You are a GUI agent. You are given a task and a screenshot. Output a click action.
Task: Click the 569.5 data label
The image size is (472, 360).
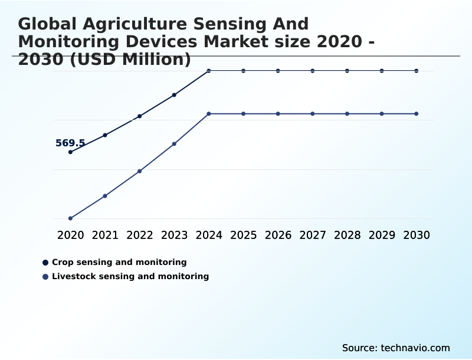click(70, 143)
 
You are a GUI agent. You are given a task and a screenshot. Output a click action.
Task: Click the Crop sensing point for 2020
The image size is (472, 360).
click(70, 152)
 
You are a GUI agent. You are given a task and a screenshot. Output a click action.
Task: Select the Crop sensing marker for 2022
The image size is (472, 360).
click(140, 116)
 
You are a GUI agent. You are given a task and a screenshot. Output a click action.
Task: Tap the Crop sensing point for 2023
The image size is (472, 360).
click(174, 95)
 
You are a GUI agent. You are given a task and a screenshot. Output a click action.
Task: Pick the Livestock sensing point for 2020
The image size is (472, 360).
click(70, 218)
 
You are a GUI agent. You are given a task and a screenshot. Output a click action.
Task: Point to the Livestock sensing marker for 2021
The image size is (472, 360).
click(105, 196)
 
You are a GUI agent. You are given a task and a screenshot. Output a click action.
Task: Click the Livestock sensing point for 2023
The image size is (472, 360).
click(174, 144)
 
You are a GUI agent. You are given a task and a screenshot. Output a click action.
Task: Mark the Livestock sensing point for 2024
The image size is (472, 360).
click(209, 113)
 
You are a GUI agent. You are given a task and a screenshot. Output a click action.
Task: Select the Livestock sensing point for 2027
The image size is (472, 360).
click(313, 113)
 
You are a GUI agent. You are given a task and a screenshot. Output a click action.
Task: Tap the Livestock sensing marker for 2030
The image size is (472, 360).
click(417, 113)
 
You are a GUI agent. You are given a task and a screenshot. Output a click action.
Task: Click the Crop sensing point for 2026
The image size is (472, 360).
click(278, 71)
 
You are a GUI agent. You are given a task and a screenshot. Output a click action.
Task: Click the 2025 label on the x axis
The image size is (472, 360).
click(243, 235)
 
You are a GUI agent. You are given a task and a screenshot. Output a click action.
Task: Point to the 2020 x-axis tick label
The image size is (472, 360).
click(70, 235)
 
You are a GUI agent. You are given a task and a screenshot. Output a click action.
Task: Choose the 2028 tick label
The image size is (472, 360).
click(347, 235)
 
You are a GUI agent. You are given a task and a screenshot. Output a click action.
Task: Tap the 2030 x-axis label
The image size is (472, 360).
click(417, 235)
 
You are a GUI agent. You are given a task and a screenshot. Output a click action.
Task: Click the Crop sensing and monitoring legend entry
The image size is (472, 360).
click(119, 262)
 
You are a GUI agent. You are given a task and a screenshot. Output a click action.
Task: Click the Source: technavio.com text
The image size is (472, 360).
click(396, 348)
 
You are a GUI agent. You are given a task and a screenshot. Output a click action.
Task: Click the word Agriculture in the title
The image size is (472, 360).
click(122, 24)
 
